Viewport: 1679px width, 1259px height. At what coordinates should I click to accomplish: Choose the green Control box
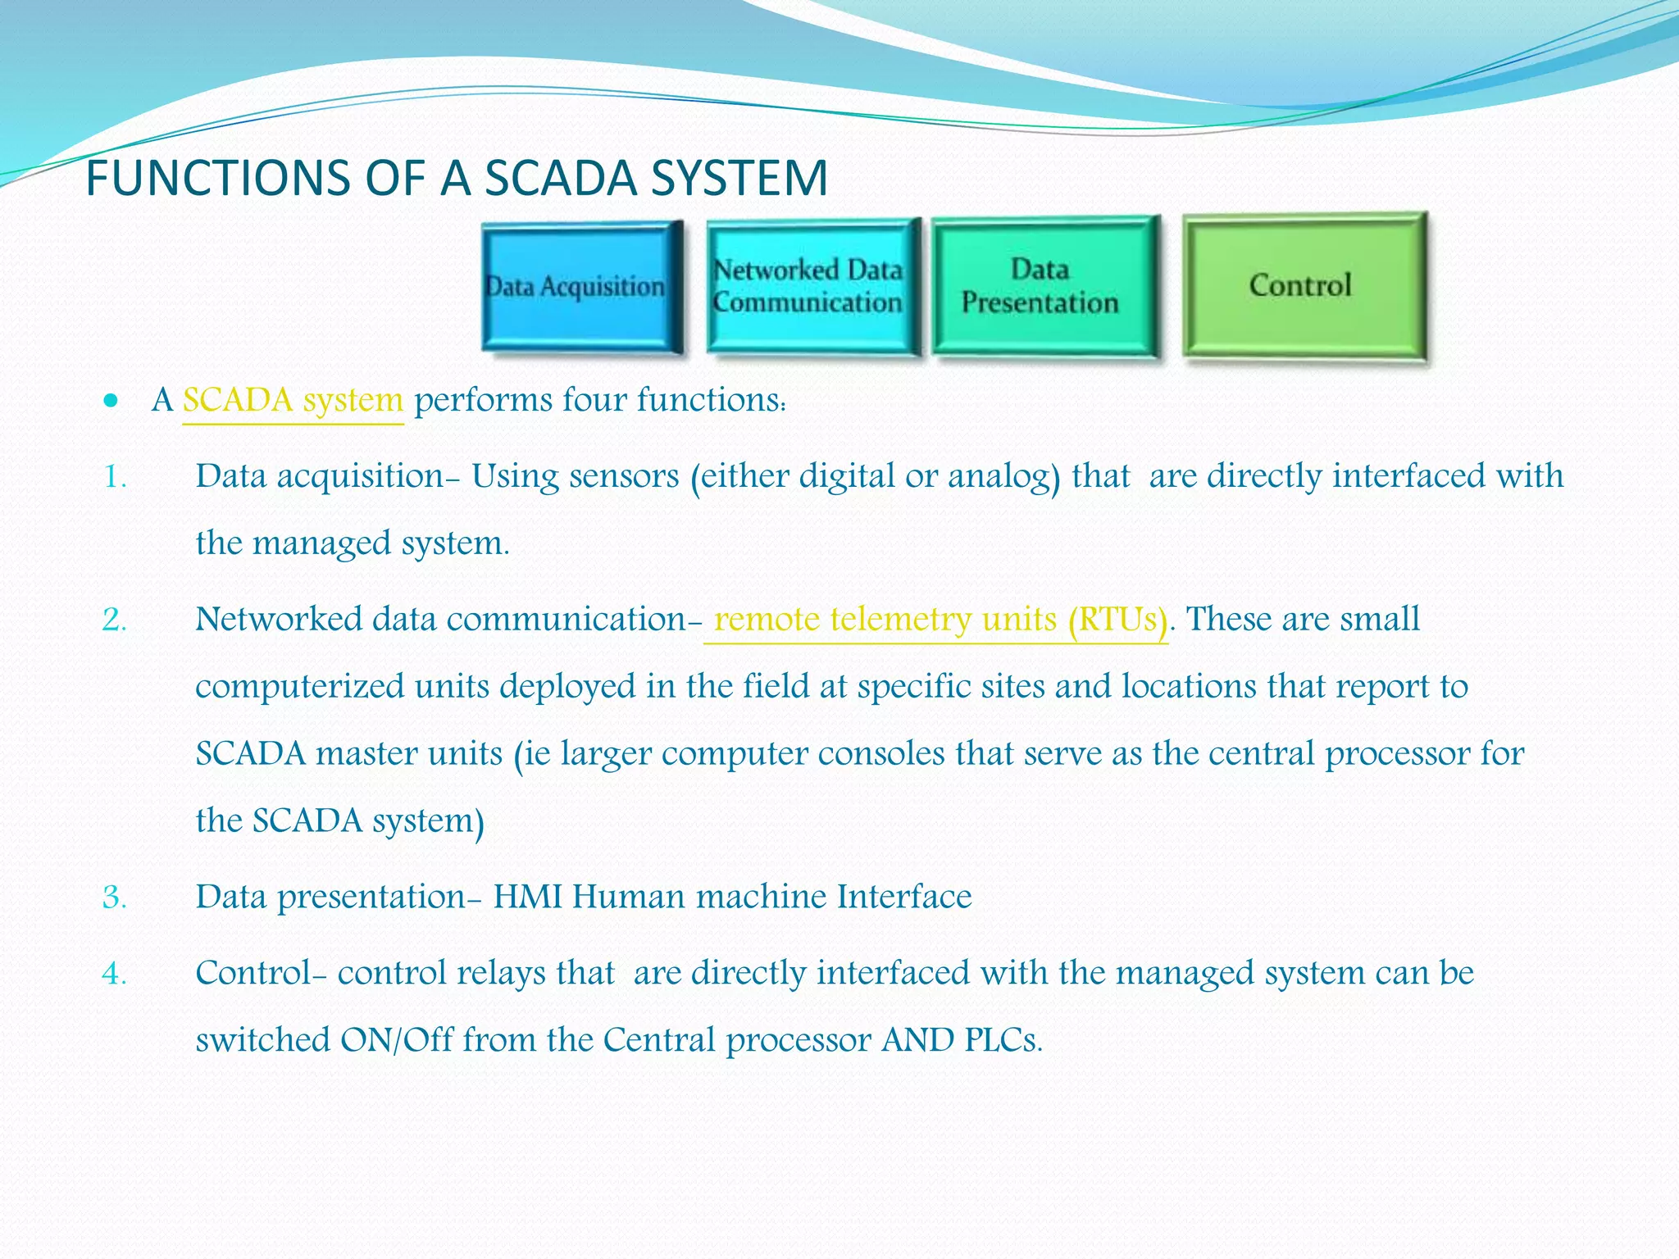1303,286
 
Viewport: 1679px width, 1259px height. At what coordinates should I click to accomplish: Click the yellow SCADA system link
293,401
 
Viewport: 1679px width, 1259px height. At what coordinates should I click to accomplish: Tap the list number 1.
114,477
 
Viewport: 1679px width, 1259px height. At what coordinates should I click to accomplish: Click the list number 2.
114,620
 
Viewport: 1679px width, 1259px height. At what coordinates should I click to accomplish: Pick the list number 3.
114,898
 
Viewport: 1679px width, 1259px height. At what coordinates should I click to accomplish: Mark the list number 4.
114,974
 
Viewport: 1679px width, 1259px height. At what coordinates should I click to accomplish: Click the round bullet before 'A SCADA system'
111,402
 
